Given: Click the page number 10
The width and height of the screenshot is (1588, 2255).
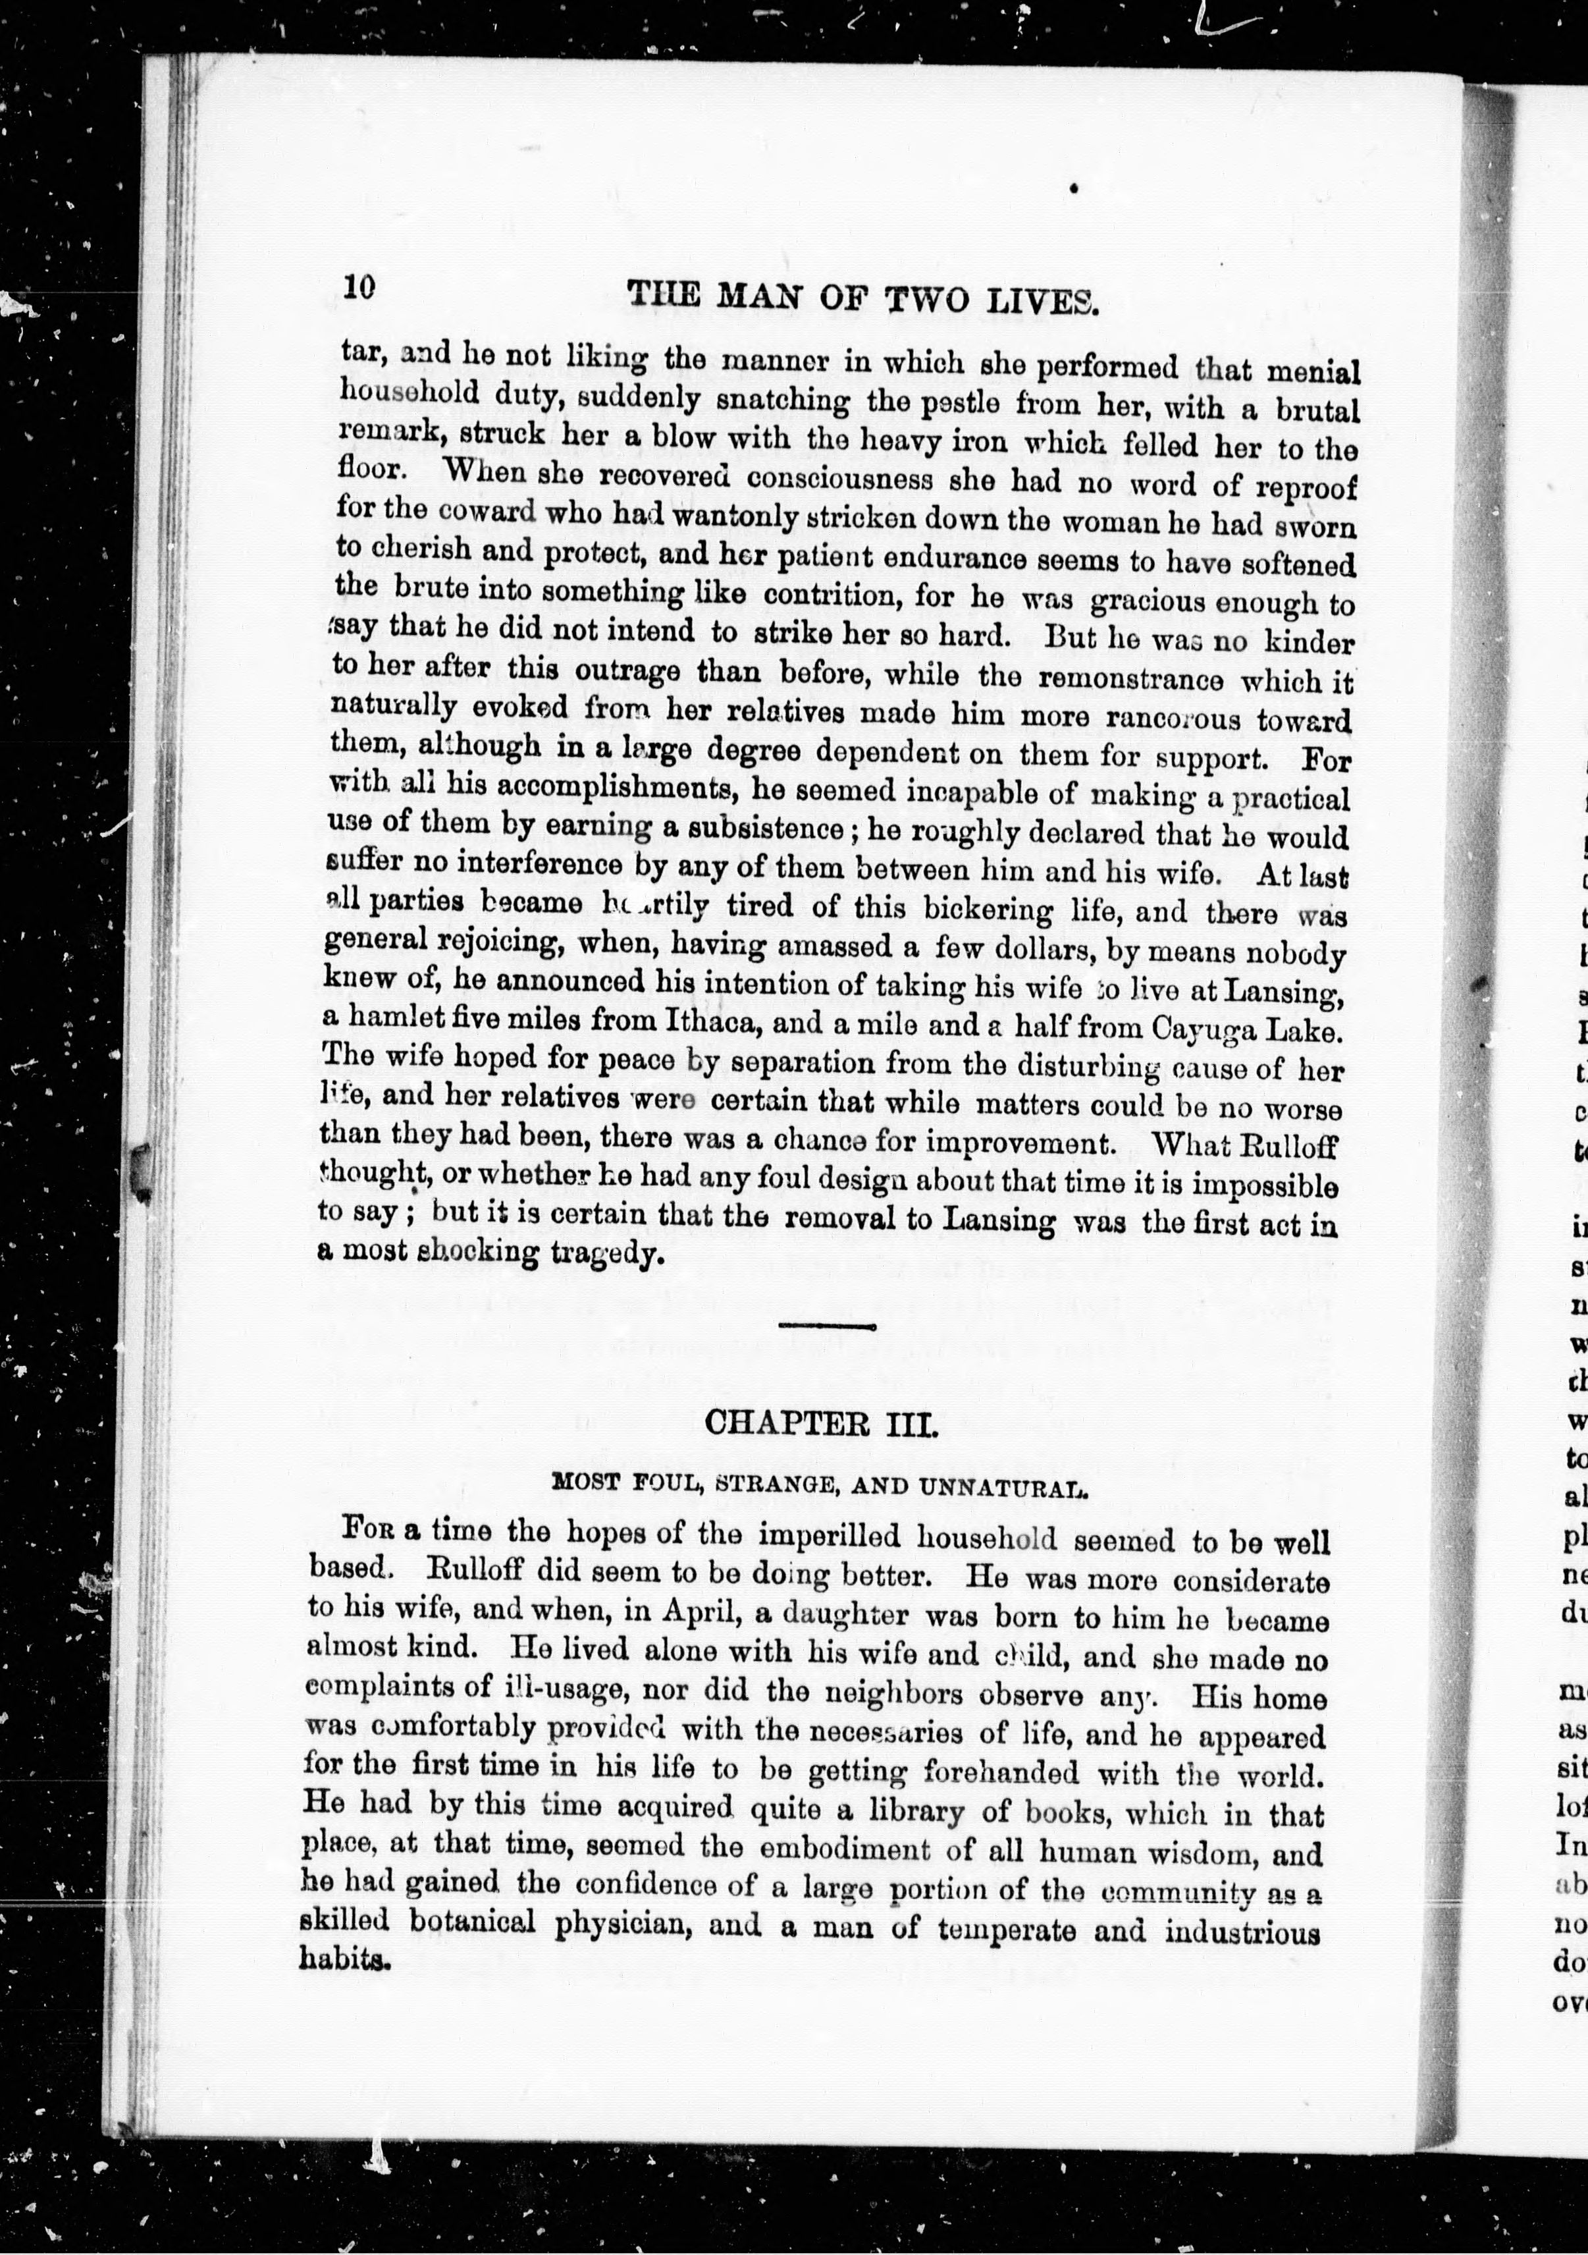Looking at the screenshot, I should click(x=359, y=286).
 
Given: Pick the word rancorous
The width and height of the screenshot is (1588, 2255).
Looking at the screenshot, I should click(x=1181, y=717).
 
